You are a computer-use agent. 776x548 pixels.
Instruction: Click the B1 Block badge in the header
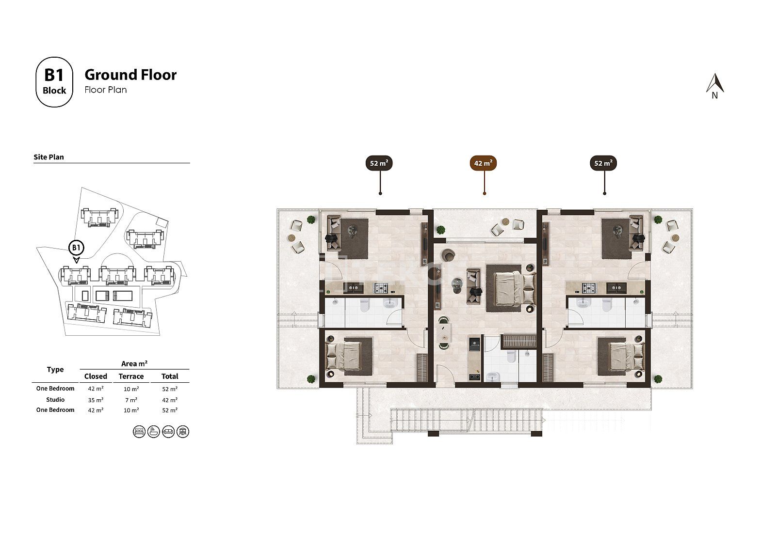pyautogui.click(x=54, y=82)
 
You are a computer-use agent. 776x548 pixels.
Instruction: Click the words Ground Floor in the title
pyautogui.click(x=130, y=75)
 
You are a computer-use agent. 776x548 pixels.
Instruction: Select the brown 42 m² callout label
pyautogui.click(x=483, y=163)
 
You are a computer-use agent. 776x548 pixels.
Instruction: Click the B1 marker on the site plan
pyautogui.click(x=76, y=248)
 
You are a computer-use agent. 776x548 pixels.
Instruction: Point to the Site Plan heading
pyautogui.click(x=48, y=157)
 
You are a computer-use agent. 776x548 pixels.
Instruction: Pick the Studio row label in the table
pyautogui.click(x=55, y=399)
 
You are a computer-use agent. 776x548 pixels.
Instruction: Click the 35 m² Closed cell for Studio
pyautogui.click(x=96, y=400)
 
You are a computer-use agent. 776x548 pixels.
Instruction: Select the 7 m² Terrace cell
pyautogui.click(x=131, y=400)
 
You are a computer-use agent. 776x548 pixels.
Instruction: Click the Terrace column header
pyautogui.click(x=131, y=376)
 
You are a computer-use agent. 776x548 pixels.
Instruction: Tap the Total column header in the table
pyautogui.click(x=170, y=376)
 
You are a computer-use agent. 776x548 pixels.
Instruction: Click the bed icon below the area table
pyautogui.click(x=139, y=432)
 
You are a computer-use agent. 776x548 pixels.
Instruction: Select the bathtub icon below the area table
pyautogui.click(x=154, y=432)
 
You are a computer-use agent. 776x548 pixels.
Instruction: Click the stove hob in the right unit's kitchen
pyautogui.click(x=589, y=288)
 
